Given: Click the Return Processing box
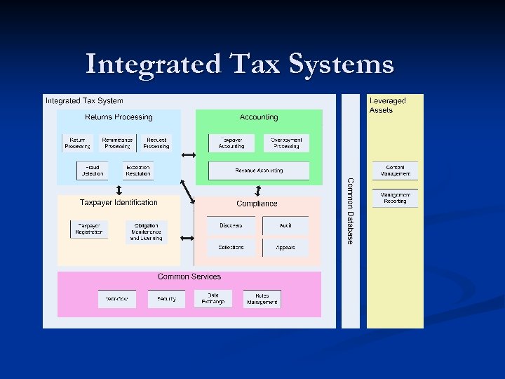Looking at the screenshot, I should [x=77, y=143].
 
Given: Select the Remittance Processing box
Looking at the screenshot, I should [x=117, y=143].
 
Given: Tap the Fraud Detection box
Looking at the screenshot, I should [x=92, y=171].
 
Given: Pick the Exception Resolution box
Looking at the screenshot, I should [x=137, y=171].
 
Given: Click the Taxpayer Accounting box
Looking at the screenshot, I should [x=231, y=143].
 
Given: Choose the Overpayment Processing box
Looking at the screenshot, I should [x=285, y=143].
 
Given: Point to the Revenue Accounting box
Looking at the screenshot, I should [x=259, y=171].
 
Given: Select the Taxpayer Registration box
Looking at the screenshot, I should [x=89, y=230].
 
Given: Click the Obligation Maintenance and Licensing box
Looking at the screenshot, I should [x=146, y=232].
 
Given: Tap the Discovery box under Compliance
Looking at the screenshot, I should [x=231, y=226].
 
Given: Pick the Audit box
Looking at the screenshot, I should [x=285, y=226].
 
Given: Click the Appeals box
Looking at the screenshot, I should [x=285, y=248].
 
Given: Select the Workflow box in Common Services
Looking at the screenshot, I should [x=117, y=299].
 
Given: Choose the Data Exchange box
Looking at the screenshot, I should [x=213, y=299].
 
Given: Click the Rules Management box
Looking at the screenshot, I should [x=262, y=299].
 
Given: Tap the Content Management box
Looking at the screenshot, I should [x=395, y=171].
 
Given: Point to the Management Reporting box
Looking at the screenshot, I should [x=395, y=198].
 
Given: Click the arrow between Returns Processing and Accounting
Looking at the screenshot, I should [x=188, y=155].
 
